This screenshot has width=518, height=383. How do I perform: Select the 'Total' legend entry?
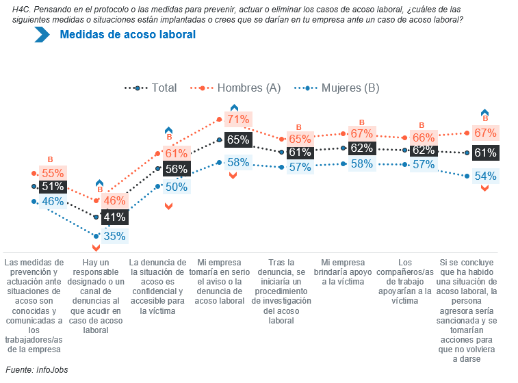[164, 88]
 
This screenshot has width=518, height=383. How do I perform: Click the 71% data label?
[238, 120]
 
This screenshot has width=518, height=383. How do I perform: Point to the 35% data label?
[115, 237]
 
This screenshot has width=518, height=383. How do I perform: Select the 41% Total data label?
[114, 217]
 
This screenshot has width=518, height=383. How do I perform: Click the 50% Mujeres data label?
[177, 187]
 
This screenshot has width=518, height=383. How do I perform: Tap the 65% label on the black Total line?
[238, 140]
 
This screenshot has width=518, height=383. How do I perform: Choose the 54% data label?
[485, 176]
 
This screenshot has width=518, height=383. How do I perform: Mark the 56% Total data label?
[177, 170]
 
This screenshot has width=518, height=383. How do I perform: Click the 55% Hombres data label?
[53, 174]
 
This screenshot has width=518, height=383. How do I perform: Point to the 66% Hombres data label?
[424, 138]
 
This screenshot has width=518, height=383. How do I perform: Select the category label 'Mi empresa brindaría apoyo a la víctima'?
[347, 272]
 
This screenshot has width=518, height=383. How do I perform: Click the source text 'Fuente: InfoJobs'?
[37, 370]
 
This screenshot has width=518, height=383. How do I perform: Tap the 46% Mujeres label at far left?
[53, 202]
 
